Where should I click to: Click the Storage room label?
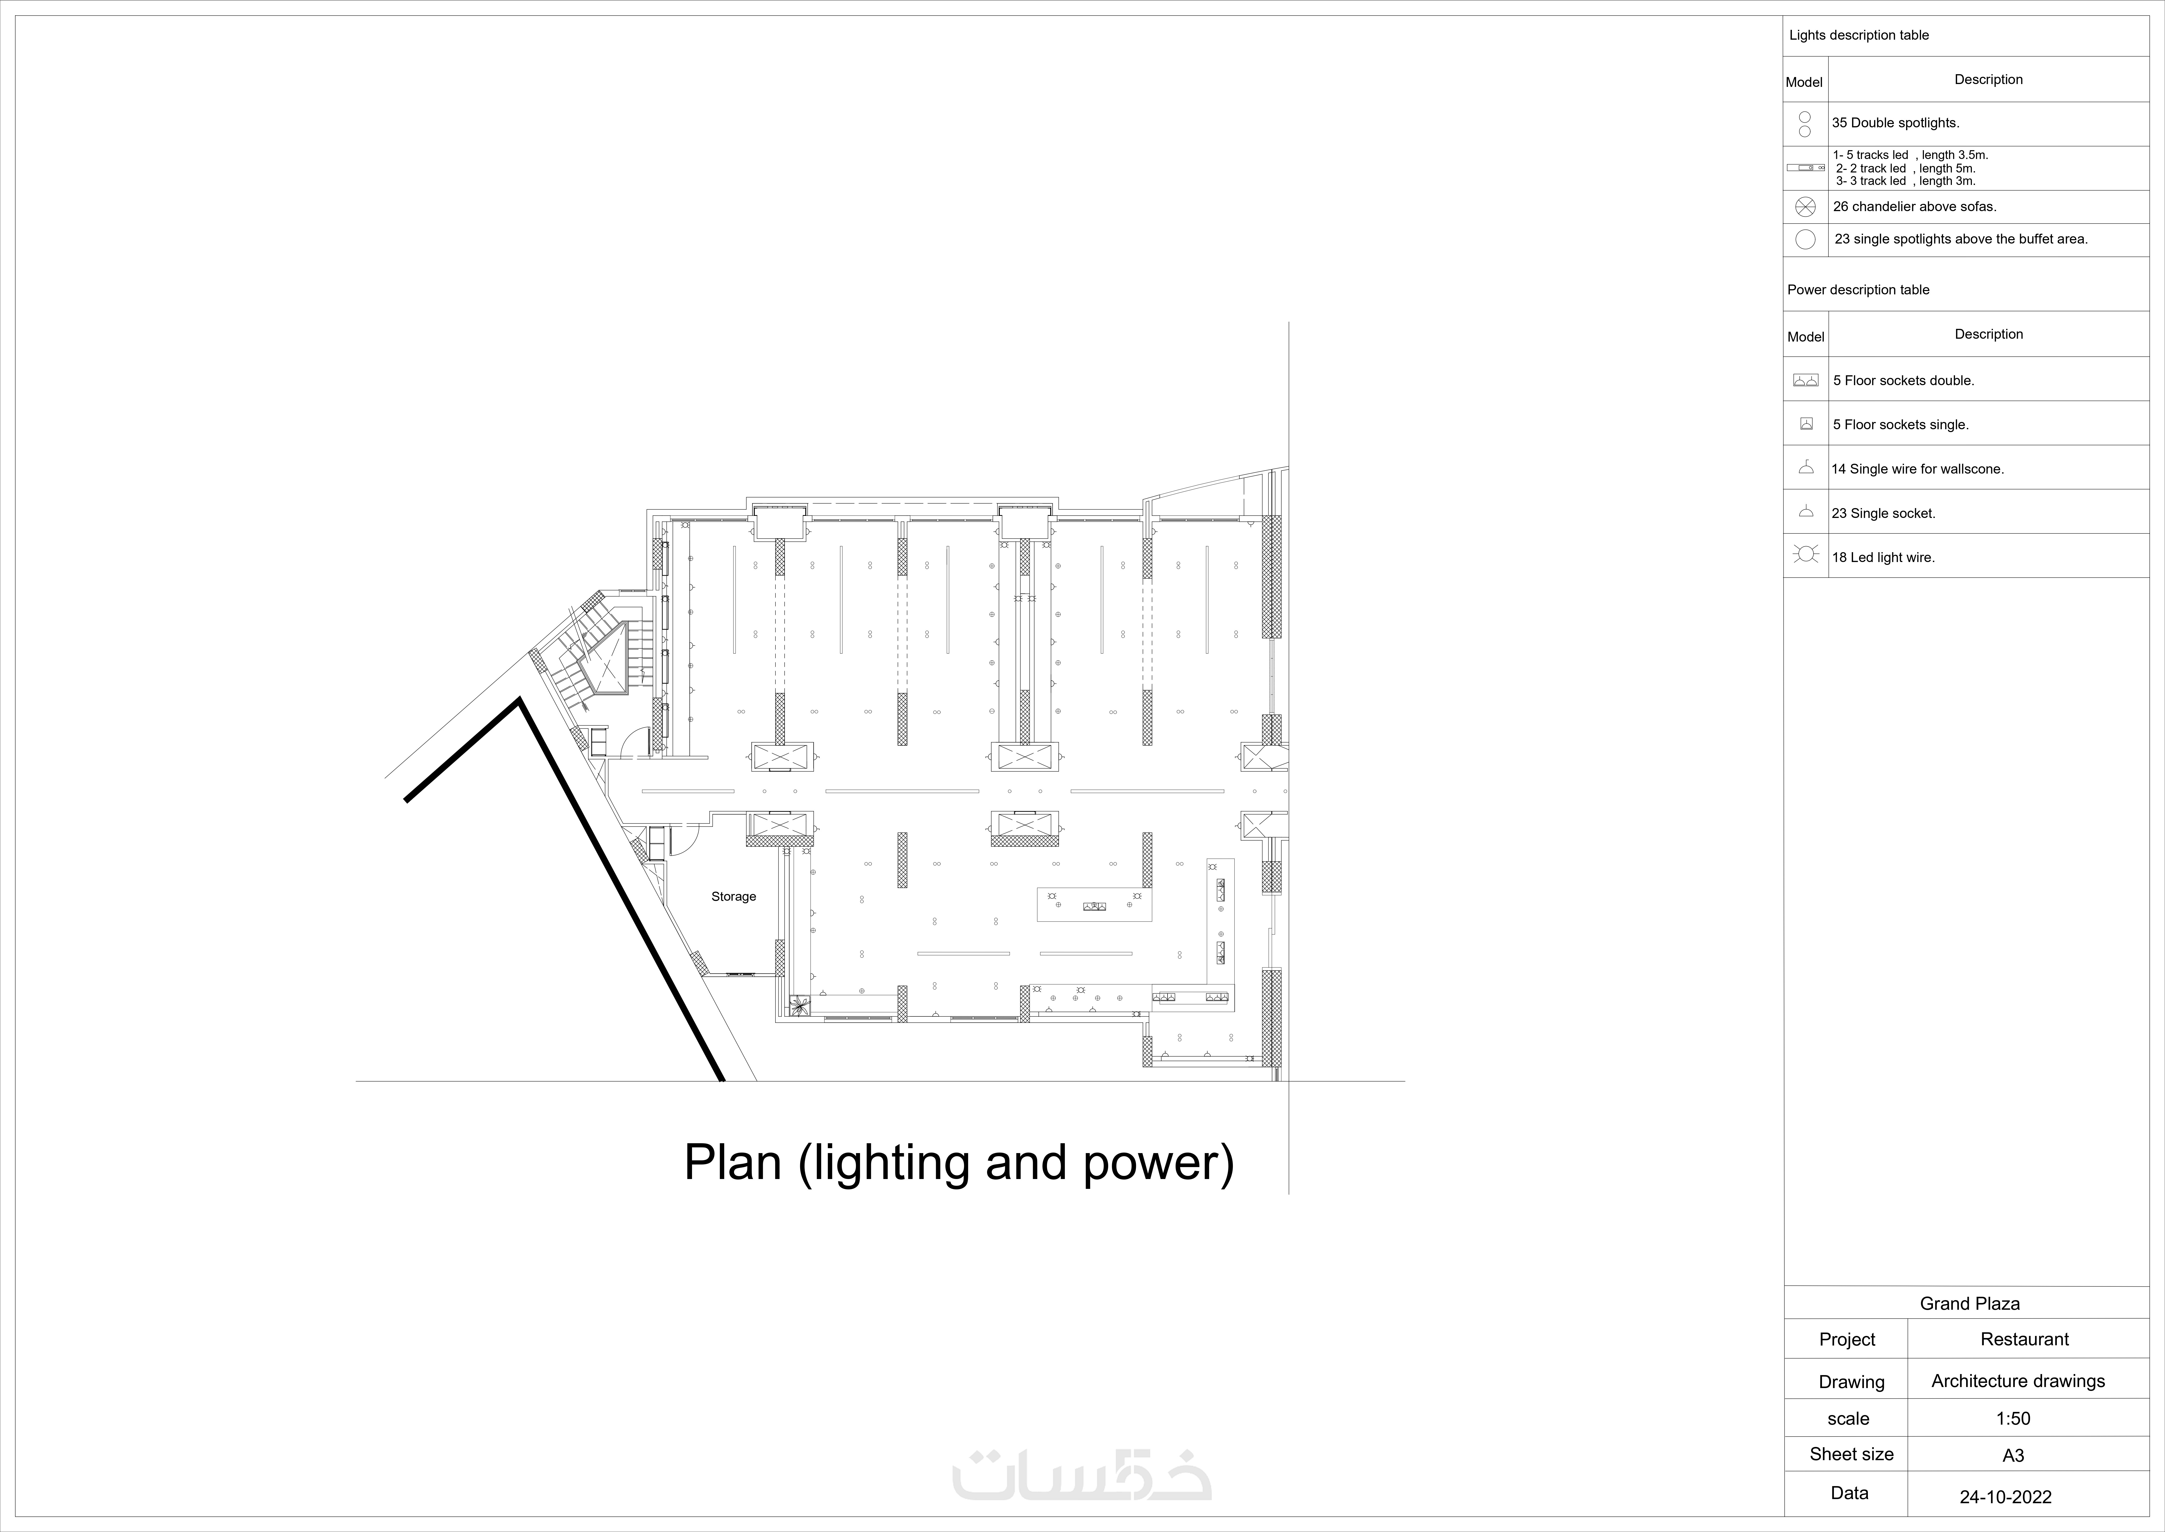pyautogui.click(x=734, y=896)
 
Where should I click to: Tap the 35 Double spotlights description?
pyautogui.click(x=1895, y=123)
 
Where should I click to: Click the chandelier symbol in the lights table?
pyautogui.click(x=1805, y=207)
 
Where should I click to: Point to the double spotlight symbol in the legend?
pyautogui.click(x=1805, y=123)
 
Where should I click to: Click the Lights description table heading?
pyautogui.click(x=1859, y=35)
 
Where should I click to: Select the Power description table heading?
pyautogui.click(x=1857, y=290)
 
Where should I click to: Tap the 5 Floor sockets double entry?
pyautogui.click(x=1903, y=380)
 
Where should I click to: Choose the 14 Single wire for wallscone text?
pyautogui.click(x=1917, y=469)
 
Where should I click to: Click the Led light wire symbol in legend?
pyautogui.click(x=1806, y=555)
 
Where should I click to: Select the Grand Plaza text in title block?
pyautogui.click(x=1969, y=1304)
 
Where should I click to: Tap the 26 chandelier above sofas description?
pyautogui.click(x=1914, y=207)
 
